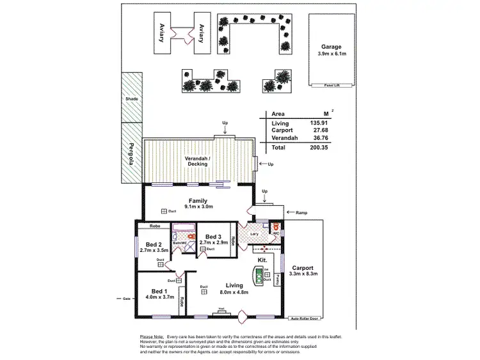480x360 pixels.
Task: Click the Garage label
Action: coord(332,47)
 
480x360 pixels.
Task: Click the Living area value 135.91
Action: coord(319,123)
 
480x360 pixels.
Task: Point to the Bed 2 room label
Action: coord(153,244)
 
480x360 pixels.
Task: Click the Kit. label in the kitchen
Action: coord(262,262)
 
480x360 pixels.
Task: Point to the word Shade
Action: coord(131,99)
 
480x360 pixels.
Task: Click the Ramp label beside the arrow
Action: coord(302,212)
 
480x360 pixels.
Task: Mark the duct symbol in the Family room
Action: coord(164,211)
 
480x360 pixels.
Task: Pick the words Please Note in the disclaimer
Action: coord(151,336)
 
